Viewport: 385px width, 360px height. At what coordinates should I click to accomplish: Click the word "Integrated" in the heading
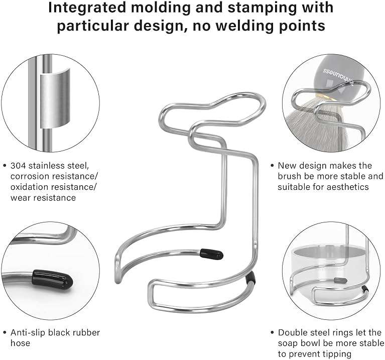[87, 8]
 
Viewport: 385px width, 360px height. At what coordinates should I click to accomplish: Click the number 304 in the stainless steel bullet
[18, 166]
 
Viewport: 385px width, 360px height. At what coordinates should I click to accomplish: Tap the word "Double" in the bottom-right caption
[293, 332]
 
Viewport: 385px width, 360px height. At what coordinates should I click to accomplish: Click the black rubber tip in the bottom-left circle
[53, 280]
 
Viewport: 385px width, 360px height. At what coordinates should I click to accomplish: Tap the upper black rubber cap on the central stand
[211, 254]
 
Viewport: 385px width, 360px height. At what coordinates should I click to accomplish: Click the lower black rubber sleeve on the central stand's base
[250, 278]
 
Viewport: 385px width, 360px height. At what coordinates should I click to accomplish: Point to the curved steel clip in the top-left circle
[55, 98]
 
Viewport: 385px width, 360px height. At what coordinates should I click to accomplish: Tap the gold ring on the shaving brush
[325, 97]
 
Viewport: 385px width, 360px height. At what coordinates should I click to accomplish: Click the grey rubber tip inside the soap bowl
[340, 281]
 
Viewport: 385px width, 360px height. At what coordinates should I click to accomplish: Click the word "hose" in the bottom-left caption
[20, 343]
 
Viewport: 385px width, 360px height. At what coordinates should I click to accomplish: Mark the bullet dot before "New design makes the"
[272, 166]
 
